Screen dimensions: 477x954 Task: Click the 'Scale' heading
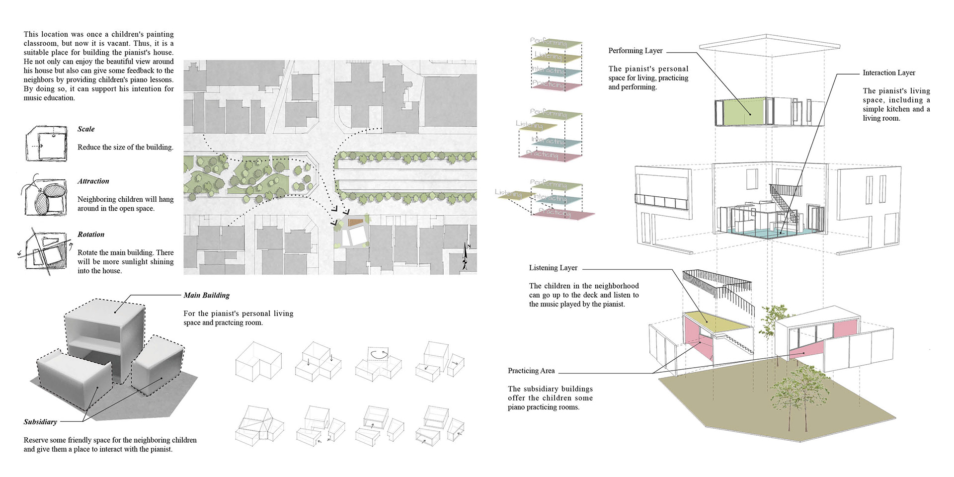(86, 129)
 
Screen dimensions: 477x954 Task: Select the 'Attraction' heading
(93, 181)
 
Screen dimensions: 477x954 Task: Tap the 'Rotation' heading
(91, 235)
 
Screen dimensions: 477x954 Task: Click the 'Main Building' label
(206, 295)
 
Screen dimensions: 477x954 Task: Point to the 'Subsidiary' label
(40, 422)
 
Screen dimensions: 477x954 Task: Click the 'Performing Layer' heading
(636, 51)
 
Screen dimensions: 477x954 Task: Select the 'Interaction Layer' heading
(889, 73)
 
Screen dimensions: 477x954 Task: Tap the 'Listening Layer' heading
(553, 268)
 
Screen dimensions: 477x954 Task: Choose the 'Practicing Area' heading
(531, 371)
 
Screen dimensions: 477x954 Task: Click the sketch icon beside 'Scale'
(46, 143)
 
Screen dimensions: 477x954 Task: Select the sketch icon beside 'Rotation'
(45, 251)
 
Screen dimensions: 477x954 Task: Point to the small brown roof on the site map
(354, 223)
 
